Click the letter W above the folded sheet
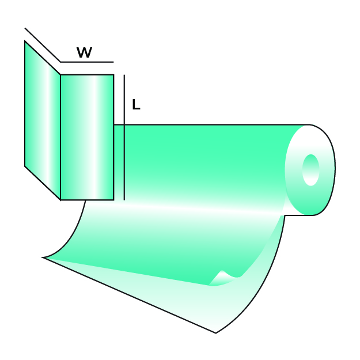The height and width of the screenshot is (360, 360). pos(84,53)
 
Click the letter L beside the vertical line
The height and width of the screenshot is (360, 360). pos(135,105)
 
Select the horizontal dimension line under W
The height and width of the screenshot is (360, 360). pos(86,62)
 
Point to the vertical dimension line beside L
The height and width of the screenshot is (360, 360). pos(124,138)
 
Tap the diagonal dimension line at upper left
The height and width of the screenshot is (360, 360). pos(42,44)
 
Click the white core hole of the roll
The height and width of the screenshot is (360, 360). pos(310,170)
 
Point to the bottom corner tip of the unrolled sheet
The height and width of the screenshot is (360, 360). pos(216,332)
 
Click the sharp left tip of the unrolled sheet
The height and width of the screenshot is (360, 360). pos(44,257)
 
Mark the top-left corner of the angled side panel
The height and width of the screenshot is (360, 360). pos(25,41)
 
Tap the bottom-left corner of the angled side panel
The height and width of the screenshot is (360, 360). pos(25,166)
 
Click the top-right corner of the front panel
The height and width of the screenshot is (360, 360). pos(113,75)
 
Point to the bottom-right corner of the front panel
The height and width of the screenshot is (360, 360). pos(113,200)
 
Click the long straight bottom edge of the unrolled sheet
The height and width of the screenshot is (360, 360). pos(130,295)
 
